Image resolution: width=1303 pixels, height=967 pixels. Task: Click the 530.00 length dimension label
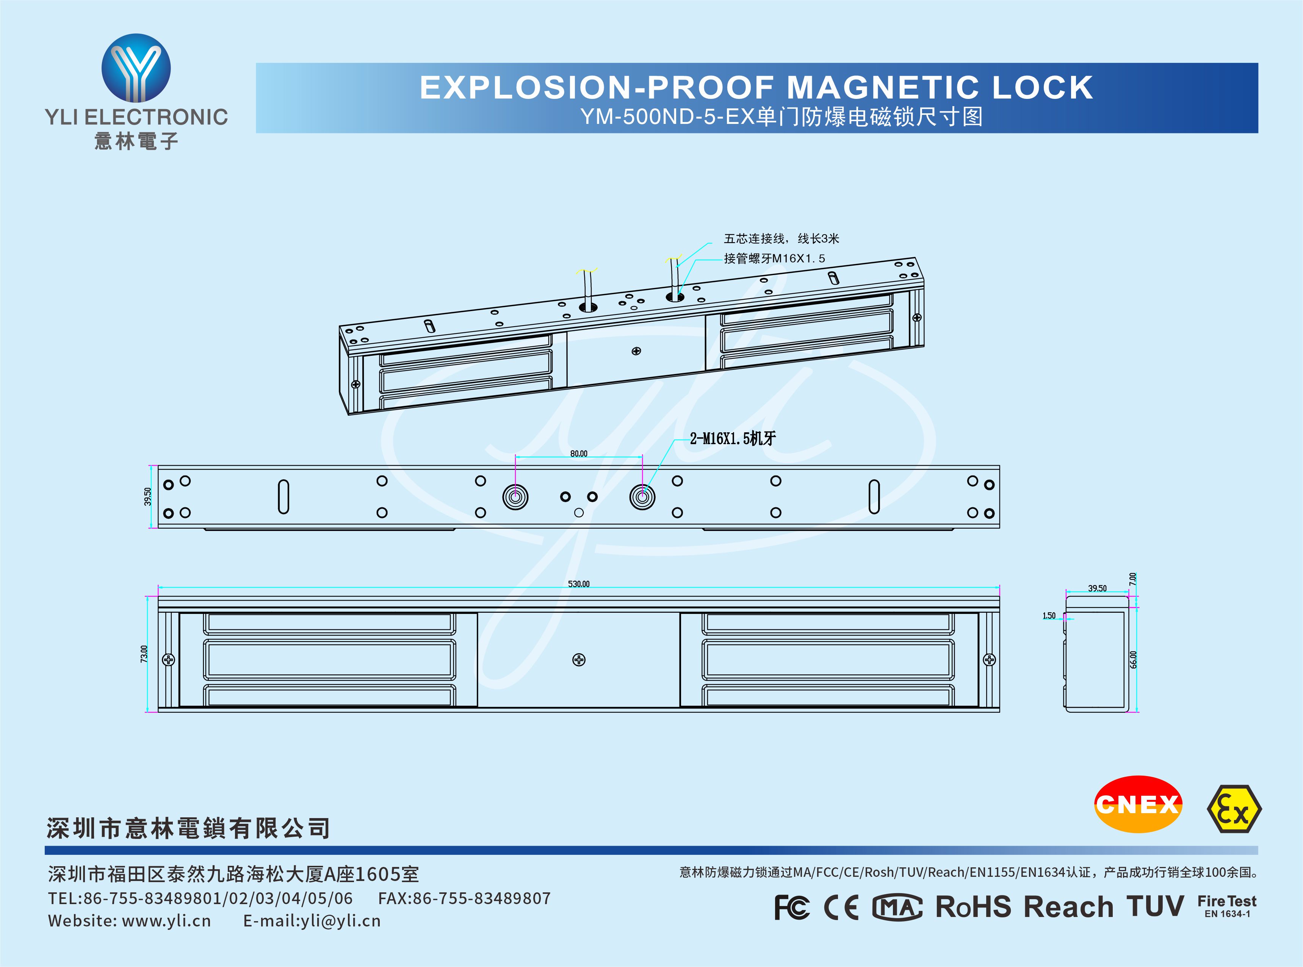click(x=578, y=584)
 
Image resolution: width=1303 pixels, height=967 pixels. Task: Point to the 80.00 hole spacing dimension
click(x=578, y=454)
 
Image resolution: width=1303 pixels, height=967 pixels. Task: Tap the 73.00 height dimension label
click(x=144, y=654)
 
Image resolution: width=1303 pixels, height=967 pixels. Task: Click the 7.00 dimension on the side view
click(x=1133, y=579)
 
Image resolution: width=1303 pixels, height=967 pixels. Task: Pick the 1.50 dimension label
click(x=1049, y=615)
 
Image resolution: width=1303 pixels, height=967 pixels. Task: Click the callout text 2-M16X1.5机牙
click(x=733, y=438)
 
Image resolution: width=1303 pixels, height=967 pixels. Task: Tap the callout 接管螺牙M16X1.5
click(x=774, y=258)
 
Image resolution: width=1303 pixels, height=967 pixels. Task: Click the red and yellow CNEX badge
click(x=1137, y=804)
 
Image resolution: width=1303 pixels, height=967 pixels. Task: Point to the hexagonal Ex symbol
click(x=1234, y=809)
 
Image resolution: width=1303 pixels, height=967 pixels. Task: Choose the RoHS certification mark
click(x=973, y=907)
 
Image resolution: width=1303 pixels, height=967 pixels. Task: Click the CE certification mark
click(x=841, y=907)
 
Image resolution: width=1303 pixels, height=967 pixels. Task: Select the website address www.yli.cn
click(x=166, y=921)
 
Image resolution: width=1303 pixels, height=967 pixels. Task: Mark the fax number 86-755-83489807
click(x=481, y=898)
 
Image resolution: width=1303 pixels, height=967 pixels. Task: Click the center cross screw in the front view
click(x=578, y=660)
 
